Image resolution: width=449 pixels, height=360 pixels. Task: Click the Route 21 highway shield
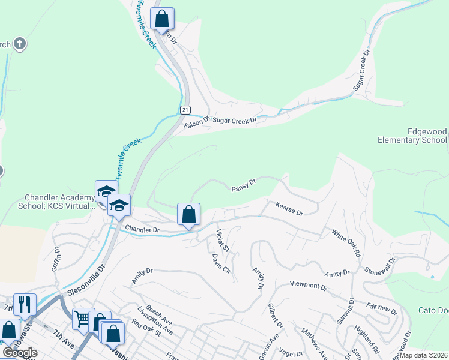pos(185,109)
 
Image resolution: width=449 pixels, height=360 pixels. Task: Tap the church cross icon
pos(19,44)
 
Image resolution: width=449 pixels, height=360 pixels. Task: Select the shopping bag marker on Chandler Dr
pos(188,214)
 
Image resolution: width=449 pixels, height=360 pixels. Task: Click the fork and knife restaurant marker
pos(25,304)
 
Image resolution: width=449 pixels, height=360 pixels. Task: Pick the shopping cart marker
pos(83,319)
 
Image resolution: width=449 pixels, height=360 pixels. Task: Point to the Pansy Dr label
pos(244,185)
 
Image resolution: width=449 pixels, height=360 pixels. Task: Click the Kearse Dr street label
pos(289,209)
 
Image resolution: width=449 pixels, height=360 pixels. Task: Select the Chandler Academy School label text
pos(59,202)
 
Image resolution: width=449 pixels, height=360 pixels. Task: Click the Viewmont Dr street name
pos(308,286)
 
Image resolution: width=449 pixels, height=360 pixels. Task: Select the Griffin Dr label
pos(56,259)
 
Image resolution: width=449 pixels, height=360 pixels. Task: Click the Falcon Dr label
pos(196,121)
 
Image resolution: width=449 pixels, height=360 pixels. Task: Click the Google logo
pos(20,353)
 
